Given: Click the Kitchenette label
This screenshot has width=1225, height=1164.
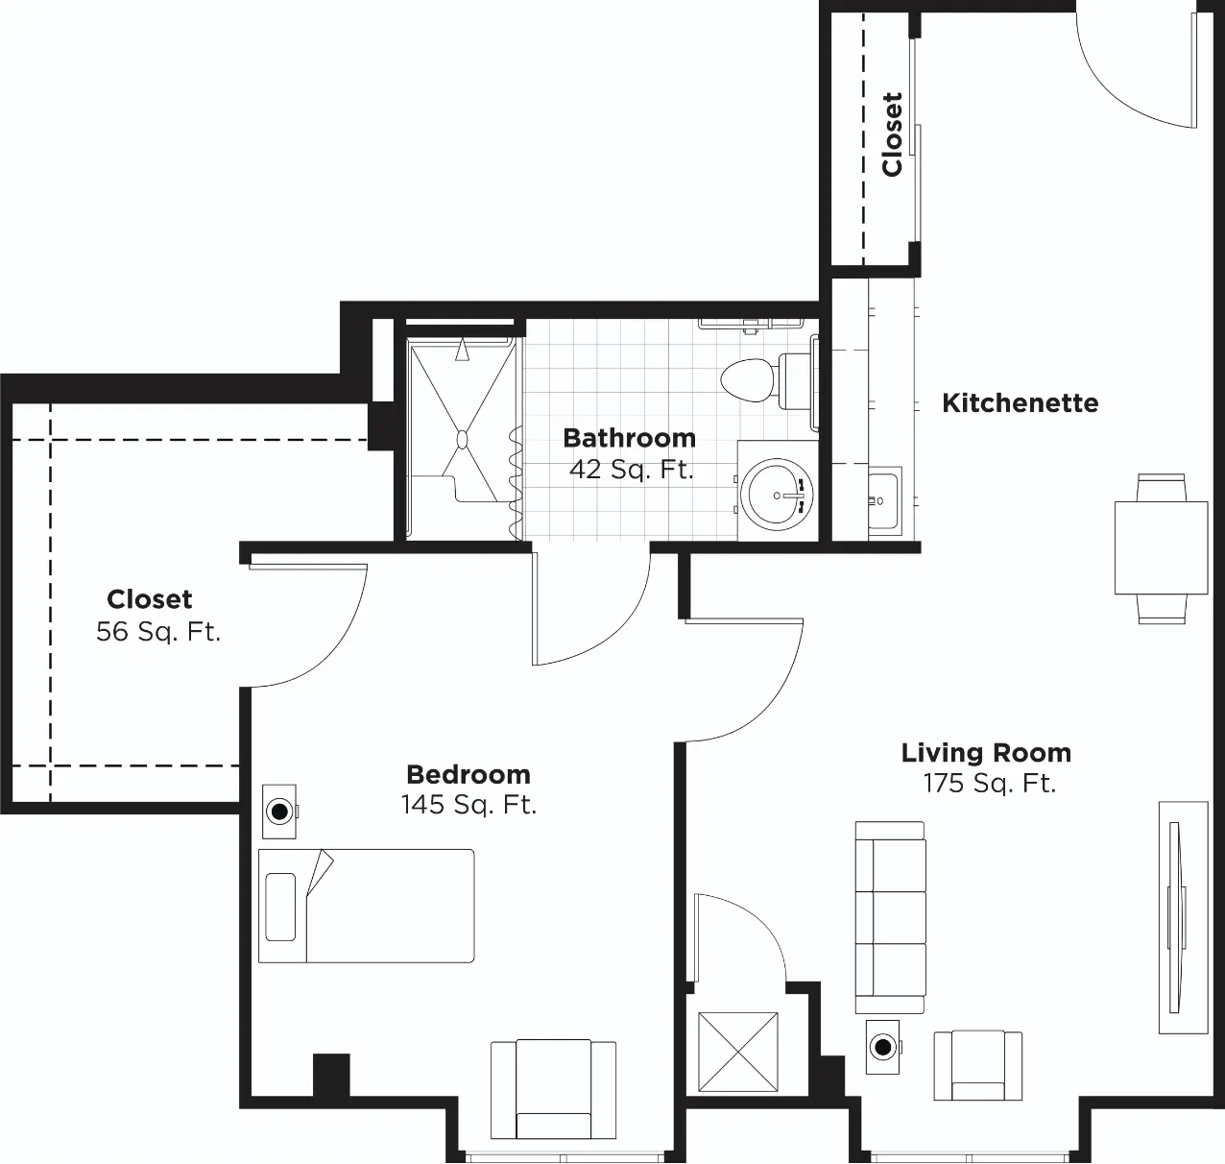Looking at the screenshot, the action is pos(1020,403).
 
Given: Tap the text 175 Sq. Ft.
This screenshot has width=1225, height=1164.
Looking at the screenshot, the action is pos(990,783).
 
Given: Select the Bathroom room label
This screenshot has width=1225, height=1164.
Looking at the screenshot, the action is pos(630,438).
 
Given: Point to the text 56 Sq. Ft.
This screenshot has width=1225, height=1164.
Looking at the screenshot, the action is pos(158,632).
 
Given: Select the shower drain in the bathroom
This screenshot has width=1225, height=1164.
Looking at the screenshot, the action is pos(462,440).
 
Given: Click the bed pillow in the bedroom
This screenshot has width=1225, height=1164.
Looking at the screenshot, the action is pos(280,907).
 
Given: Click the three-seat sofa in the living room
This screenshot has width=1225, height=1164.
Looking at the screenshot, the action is pos(890,917).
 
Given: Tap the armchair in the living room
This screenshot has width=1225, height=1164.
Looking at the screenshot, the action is pos(977,1065).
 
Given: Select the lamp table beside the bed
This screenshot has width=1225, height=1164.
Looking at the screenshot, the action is pos(279,812).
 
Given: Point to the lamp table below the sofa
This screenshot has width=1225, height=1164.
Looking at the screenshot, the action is pos(883,1047).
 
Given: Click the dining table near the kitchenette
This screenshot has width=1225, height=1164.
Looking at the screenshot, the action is pos(1161,547).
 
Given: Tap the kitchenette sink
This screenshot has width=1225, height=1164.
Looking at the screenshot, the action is pos(884,500).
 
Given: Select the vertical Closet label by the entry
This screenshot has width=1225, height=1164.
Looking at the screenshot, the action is pos(892,134).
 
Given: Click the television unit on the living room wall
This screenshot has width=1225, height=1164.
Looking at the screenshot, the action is pos(1183,917).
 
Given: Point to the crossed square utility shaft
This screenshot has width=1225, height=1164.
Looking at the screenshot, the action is pos(737,1052).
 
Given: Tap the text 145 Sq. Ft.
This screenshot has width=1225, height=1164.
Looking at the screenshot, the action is pos(468,804).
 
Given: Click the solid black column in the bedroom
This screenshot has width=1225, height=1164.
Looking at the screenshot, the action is pos(331,1075).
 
